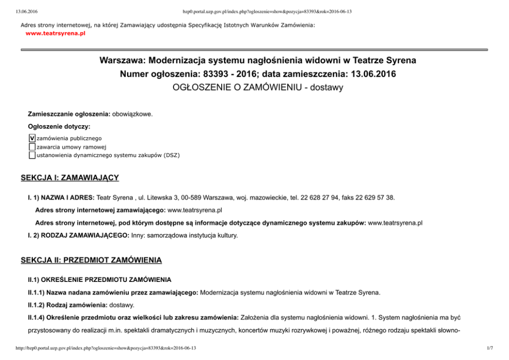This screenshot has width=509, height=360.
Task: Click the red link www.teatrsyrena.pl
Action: pos(55,33)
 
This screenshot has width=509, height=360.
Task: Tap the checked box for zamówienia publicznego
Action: pos(32,138)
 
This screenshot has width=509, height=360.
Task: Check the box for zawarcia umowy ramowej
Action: pos(32,146)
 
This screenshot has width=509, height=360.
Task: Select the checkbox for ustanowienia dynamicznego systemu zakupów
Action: pos(32,155)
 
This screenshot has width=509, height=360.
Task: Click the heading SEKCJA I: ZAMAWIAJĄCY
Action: pos(70,178)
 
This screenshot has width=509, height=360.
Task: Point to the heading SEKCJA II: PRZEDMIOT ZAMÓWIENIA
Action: pos(91,260)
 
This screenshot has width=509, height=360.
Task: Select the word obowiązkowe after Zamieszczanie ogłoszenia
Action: pos(132,113)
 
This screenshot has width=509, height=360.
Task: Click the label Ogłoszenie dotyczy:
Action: pos(59,126)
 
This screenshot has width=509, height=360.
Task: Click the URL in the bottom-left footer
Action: pos(106,349)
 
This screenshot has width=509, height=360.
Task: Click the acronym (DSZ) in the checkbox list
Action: pos(172,155)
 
